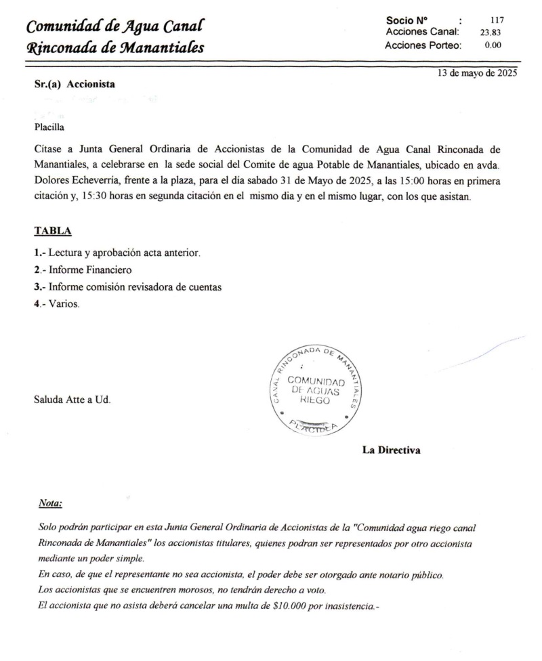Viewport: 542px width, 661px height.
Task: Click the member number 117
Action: [x=497, y=20]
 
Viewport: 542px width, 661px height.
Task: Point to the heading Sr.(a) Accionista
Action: [x=75, y=85]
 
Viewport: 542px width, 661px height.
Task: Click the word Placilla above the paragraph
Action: [x=49, y=125]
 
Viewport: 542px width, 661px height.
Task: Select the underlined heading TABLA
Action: [x=53, y=231]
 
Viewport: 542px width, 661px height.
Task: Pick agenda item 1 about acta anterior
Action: [x=117, y=253]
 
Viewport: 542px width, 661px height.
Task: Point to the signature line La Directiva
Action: [x=391, y=449]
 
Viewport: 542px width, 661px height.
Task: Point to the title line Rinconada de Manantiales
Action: [x=116, y=48]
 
